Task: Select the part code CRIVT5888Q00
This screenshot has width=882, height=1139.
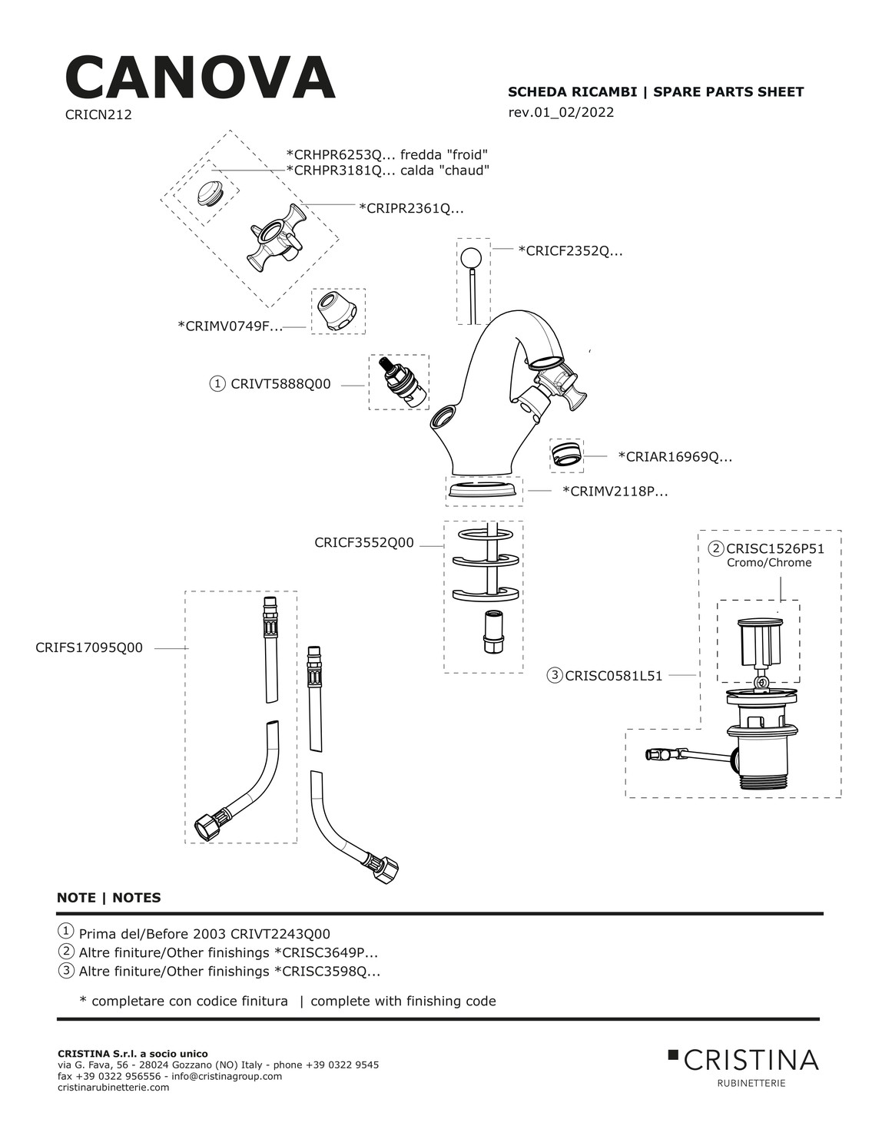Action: coord(280,384)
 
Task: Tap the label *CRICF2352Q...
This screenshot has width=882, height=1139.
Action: coord(570,250)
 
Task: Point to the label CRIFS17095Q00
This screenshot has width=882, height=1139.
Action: coord(89,647)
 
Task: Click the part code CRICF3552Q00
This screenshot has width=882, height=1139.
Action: coord(364,543)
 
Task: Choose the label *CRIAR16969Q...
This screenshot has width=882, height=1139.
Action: coord(675,457)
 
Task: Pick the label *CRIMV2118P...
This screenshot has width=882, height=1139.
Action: coord(615,492)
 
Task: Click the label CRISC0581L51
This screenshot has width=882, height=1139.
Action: coord(613,676)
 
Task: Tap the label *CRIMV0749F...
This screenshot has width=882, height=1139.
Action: coord(230,326)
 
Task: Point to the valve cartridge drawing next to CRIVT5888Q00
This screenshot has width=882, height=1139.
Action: coord(399,382)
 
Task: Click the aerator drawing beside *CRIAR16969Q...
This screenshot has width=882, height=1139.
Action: coord(566,455)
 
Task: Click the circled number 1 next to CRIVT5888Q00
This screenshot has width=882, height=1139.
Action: coord(217,384)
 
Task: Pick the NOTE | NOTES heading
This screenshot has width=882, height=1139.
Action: coord(109,897)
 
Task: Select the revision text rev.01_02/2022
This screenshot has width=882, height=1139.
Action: coord(561,112)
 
